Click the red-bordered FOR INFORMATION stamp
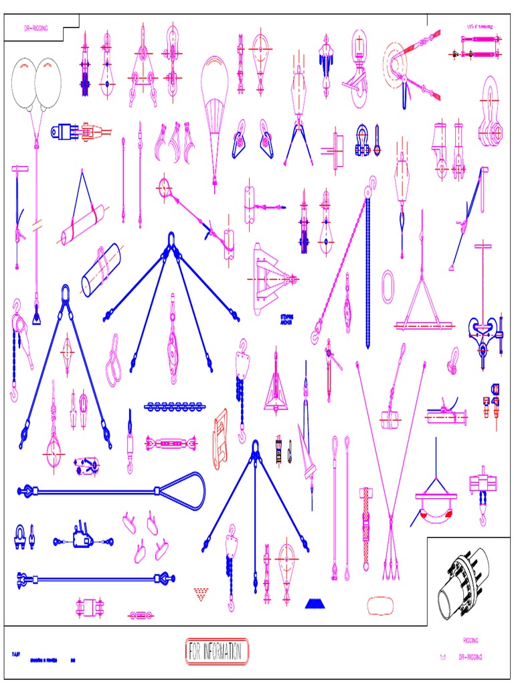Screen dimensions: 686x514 coord(216,650)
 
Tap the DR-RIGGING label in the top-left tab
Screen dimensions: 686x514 coord(35,29)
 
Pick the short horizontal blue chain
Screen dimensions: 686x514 coord(173,406)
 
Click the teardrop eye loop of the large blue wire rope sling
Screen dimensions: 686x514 coord(187,484)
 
